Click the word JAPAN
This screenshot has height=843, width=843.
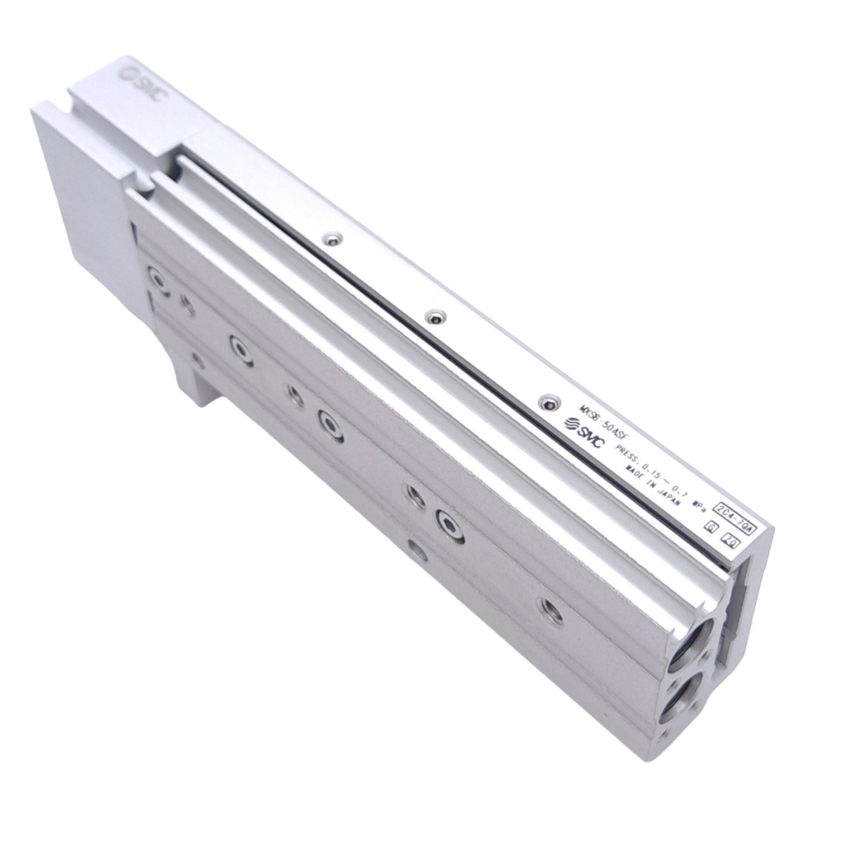(667, 497)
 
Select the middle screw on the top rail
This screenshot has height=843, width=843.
(432, 317)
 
